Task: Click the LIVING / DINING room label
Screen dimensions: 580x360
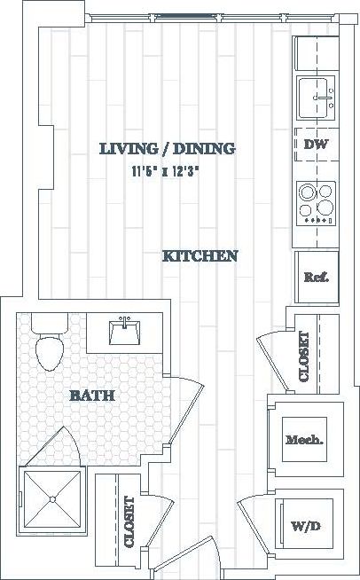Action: [167, 148]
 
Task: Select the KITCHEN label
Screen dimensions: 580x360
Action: [200, 256]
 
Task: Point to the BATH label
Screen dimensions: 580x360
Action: [92, 396]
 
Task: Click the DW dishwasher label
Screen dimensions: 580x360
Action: [315, 144]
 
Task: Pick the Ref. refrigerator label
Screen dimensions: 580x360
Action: [317, 277]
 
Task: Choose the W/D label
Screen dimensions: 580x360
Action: [303, 527]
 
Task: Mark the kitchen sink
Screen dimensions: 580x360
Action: [317, 95]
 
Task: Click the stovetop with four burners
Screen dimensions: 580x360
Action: [317, 202]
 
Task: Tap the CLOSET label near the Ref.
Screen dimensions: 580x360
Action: [304, 357]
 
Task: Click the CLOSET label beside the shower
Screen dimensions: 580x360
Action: [129, 522]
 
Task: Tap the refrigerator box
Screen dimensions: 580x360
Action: [317, 278]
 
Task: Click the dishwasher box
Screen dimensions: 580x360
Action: [317, 145]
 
